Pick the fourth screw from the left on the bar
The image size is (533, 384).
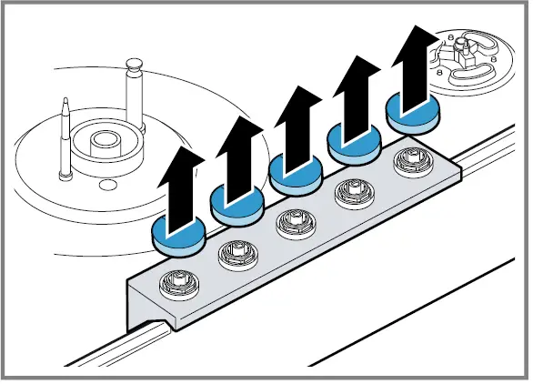click(x=350, y=192)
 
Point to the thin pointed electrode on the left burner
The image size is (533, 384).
click(x=66, y=136)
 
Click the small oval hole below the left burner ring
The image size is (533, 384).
click(x=108, y=187)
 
